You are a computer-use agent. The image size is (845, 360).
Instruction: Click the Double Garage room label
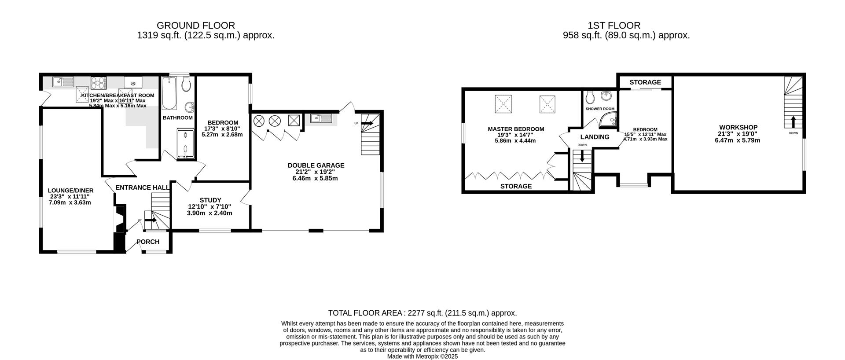click(316, 165)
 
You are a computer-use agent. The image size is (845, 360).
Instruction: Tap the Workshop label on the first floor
click(738, 128)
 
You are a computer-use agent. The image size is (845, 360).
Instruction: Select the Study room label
click(210, 200)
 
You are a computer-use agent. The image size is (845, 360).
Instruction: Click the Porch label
click(148, 242)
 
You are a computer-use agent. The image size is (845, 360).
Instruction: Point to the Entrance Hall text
click(142, 188)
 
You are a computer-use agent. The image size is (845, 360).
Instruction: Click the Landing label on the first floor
click(595, 137)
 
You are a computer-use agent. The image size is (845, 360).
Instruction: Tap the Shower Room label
click(600, 109)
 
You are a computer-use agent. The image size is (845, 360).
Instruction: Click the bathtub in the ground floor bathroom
click(169, 93)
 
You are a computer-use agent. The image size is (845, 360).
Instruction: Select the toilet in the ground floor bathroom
click(186, 84)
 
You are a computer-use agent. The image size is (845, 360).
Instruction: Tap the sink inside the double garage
click(320, 118)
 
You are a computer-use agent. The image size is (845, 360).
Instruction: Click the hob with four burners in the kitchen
click(98, 82)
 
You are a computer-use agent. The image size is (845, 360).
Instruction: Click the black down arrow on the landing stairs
click(582, 156)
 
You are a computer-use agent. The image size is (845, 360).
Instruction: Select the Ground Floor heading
click(196, 26)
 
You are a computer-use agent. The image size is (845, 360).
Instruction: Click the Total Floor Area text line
click(422, 313)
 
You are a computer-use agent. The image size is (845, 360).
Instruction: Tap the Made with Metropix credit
click(422, 356)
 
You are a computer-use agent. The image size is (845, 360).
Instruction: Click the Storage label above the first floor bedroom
click(645, 82)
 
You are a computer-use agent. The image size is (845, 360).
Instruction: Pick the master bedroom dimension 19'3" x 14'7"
click(515, 135)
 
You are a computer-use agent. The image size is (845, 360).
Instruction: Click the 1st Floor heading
click(614, 26)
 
